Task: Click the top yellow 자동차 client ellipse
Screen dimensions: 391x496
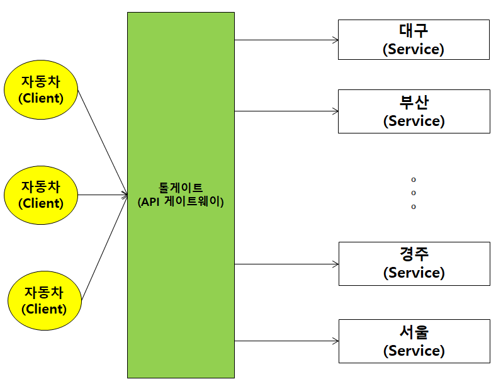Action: click(41, 89)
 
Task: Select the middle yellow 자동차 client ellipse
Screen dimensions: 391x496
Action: click(41, 195)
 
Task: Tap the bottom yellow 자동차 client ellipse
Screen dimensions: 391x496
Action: click(45, 300)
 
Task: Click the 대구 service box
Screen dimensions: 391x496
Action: click(414, 40)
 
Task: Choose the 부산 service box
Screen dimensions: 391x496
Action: click(414, 111)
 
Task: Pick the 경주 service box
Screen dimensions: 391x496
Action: click(414, 263)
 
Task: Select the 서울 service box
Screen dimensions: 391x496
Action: click(414, 341)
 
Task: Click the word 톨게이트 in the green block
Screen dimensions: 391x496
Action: click(181, 188)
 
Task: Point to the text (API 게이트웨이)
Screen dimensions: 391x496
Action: click(181, 202)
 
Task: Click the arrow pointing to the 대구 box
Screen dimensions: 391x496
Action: click(286, 40)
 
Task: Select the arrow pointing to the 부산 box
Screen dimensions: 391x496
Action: click(286, 111)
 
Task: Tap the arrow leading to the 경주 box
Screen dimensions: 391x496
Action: click(286, 264)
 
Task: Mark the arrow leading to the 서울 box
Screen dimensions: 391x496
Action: click(286, 341)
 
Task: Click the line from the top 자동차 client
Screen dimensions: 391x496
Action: click(102, 142)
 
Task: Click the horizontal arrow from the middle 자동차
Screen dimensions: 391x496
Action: click(103, 195)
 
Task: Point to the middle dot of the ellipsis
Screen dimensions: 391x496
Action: click(414, 193)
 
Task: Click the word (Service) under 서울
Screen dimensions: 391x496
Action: click(414, 350)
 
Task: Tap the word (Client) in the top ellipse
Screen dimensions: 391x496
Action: click(41, 98)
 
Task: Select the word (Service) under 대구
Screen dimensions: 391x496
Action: click(414, 49)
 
